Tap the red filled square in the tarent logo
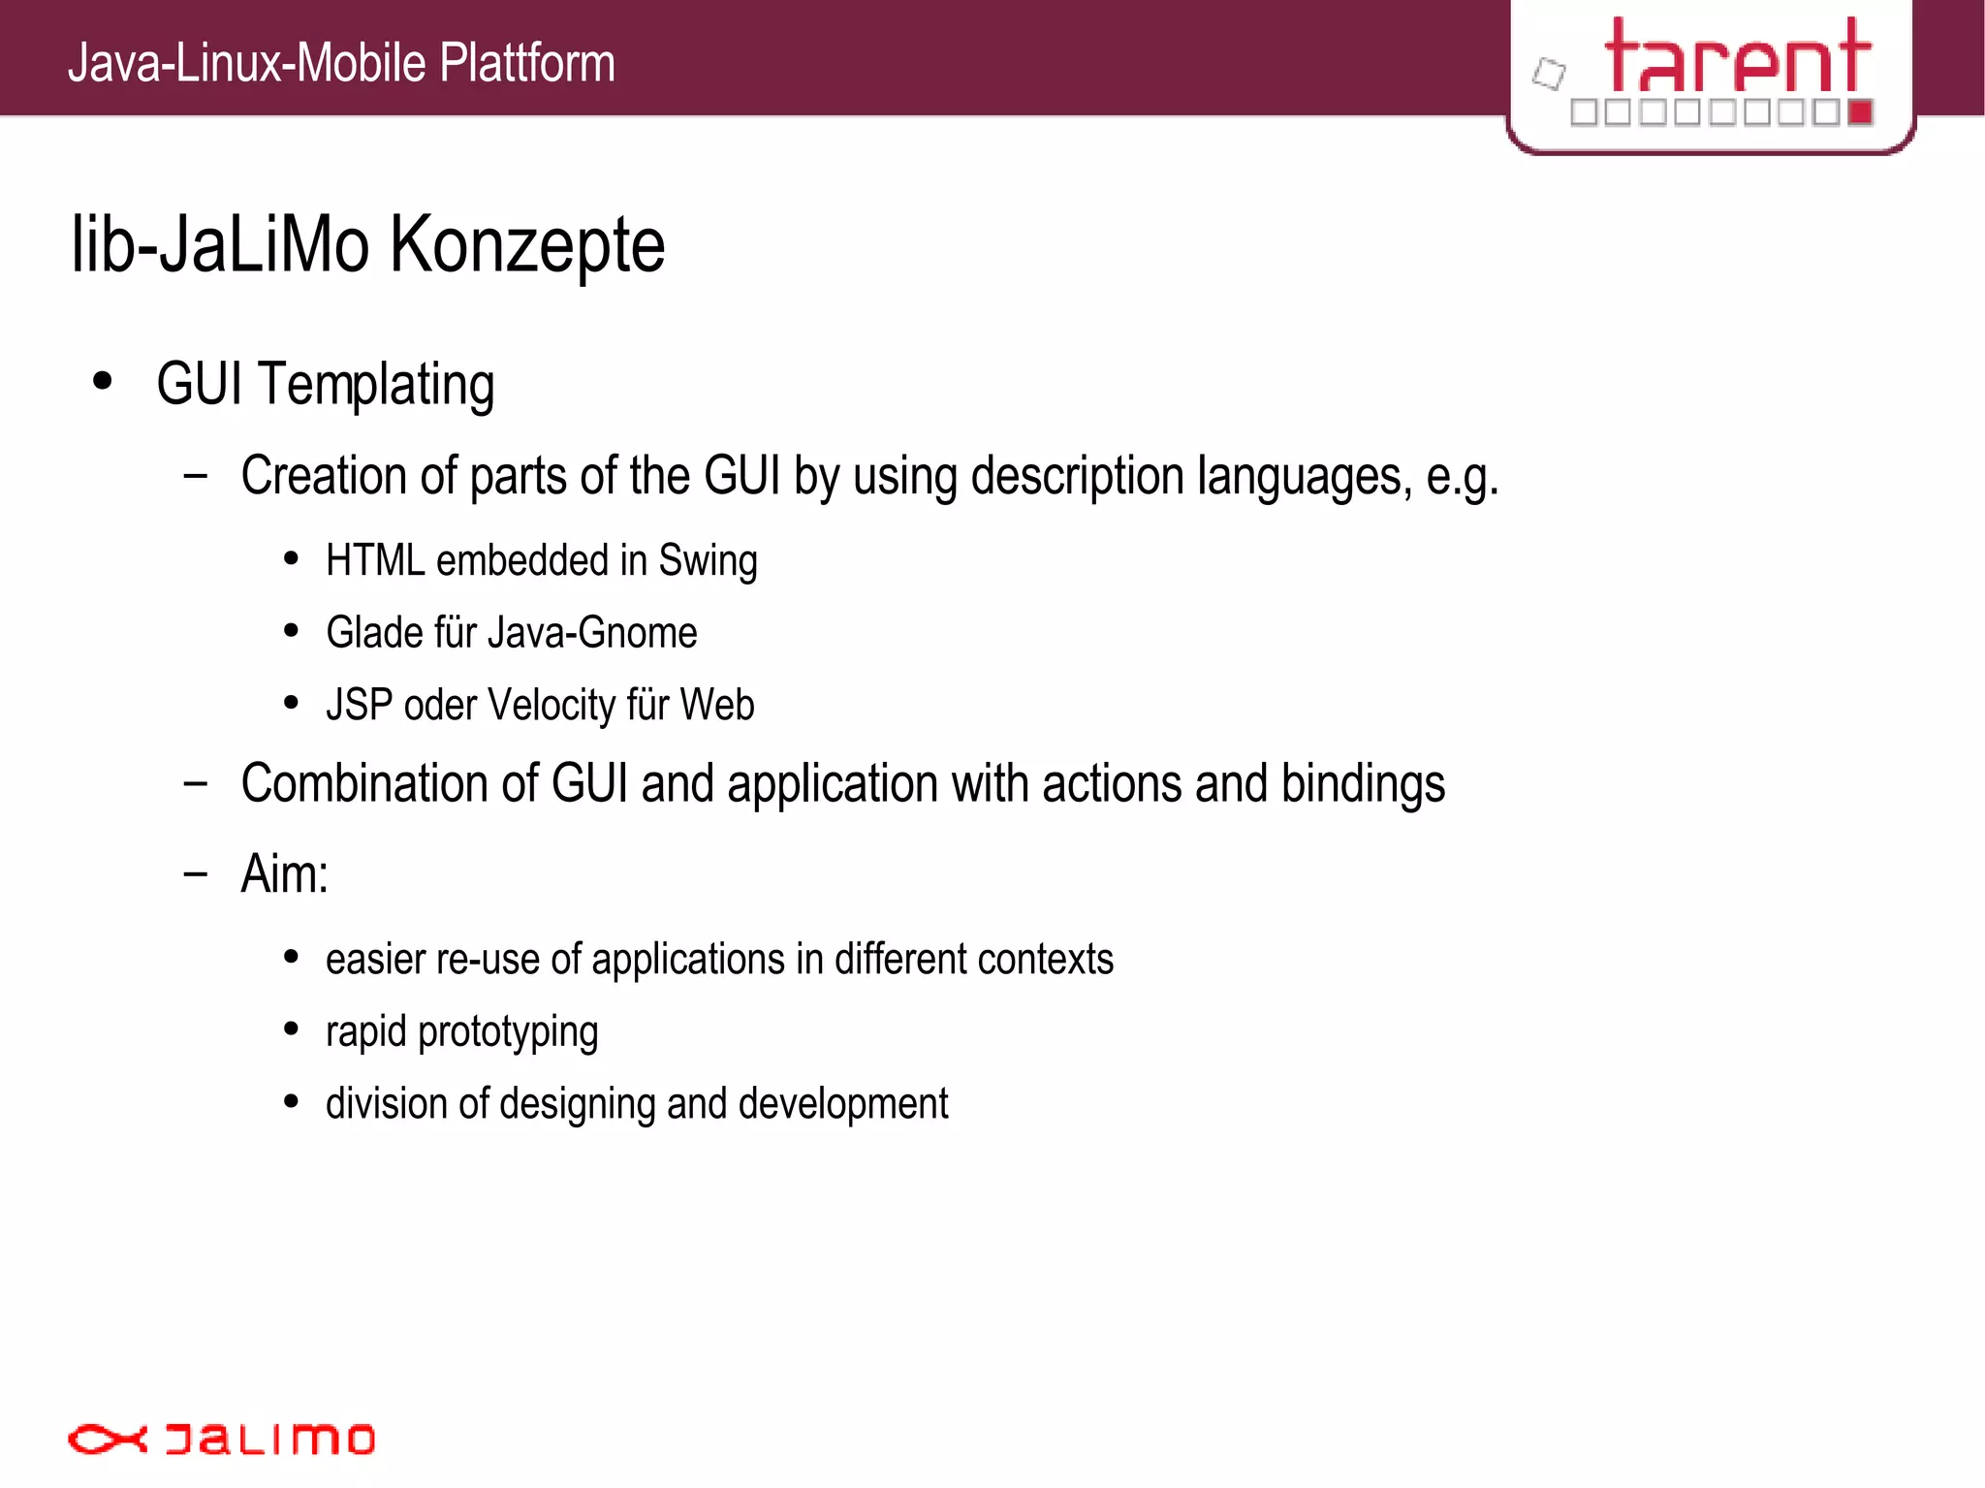tap(1860, 112)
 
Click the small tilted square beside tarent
tap(1549, 74)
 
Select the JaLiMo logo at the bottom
tap(221, 1439)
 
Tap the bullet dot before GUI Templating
tap(103, 381)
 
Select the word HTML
tap(375, 560)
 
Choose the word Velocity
tap(551, 706)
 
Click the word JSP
tap(359, 706)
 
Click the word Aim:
tap(285, 874)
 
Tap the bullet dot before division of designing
tap(291, 1102)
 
